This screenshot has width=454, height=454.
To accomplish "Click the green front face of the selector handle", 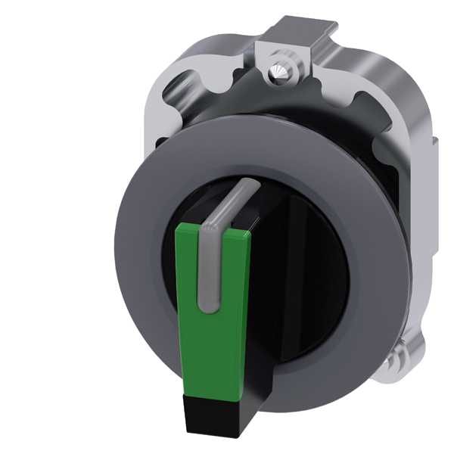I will pyautogui.click(x=227, y=318).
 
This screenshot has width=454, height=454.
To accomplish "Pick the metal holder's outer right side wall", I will pyautogui.click(x=420, y=250).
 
